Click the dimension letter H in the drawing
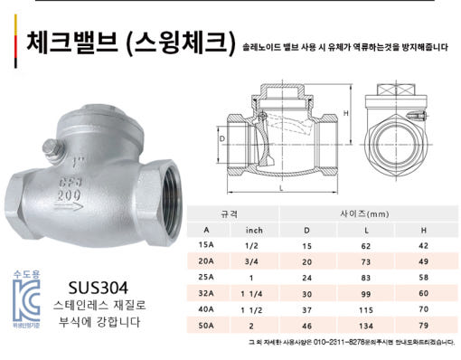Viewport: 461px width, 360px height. click(x=346, y=114)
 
